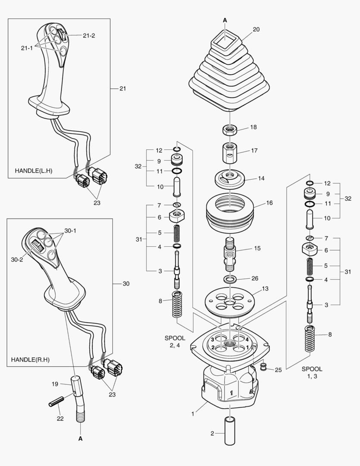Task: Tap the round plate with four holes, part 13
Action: coord(229,299)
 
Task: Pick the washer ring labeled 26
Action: coord(229,278)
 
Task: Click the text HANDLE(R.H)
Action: coord(31,359)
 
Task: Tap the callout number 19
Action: coord(55,383)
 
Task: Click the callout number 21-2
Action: coord(88,35)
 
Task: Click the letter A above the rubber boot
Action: coord(225,20)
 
